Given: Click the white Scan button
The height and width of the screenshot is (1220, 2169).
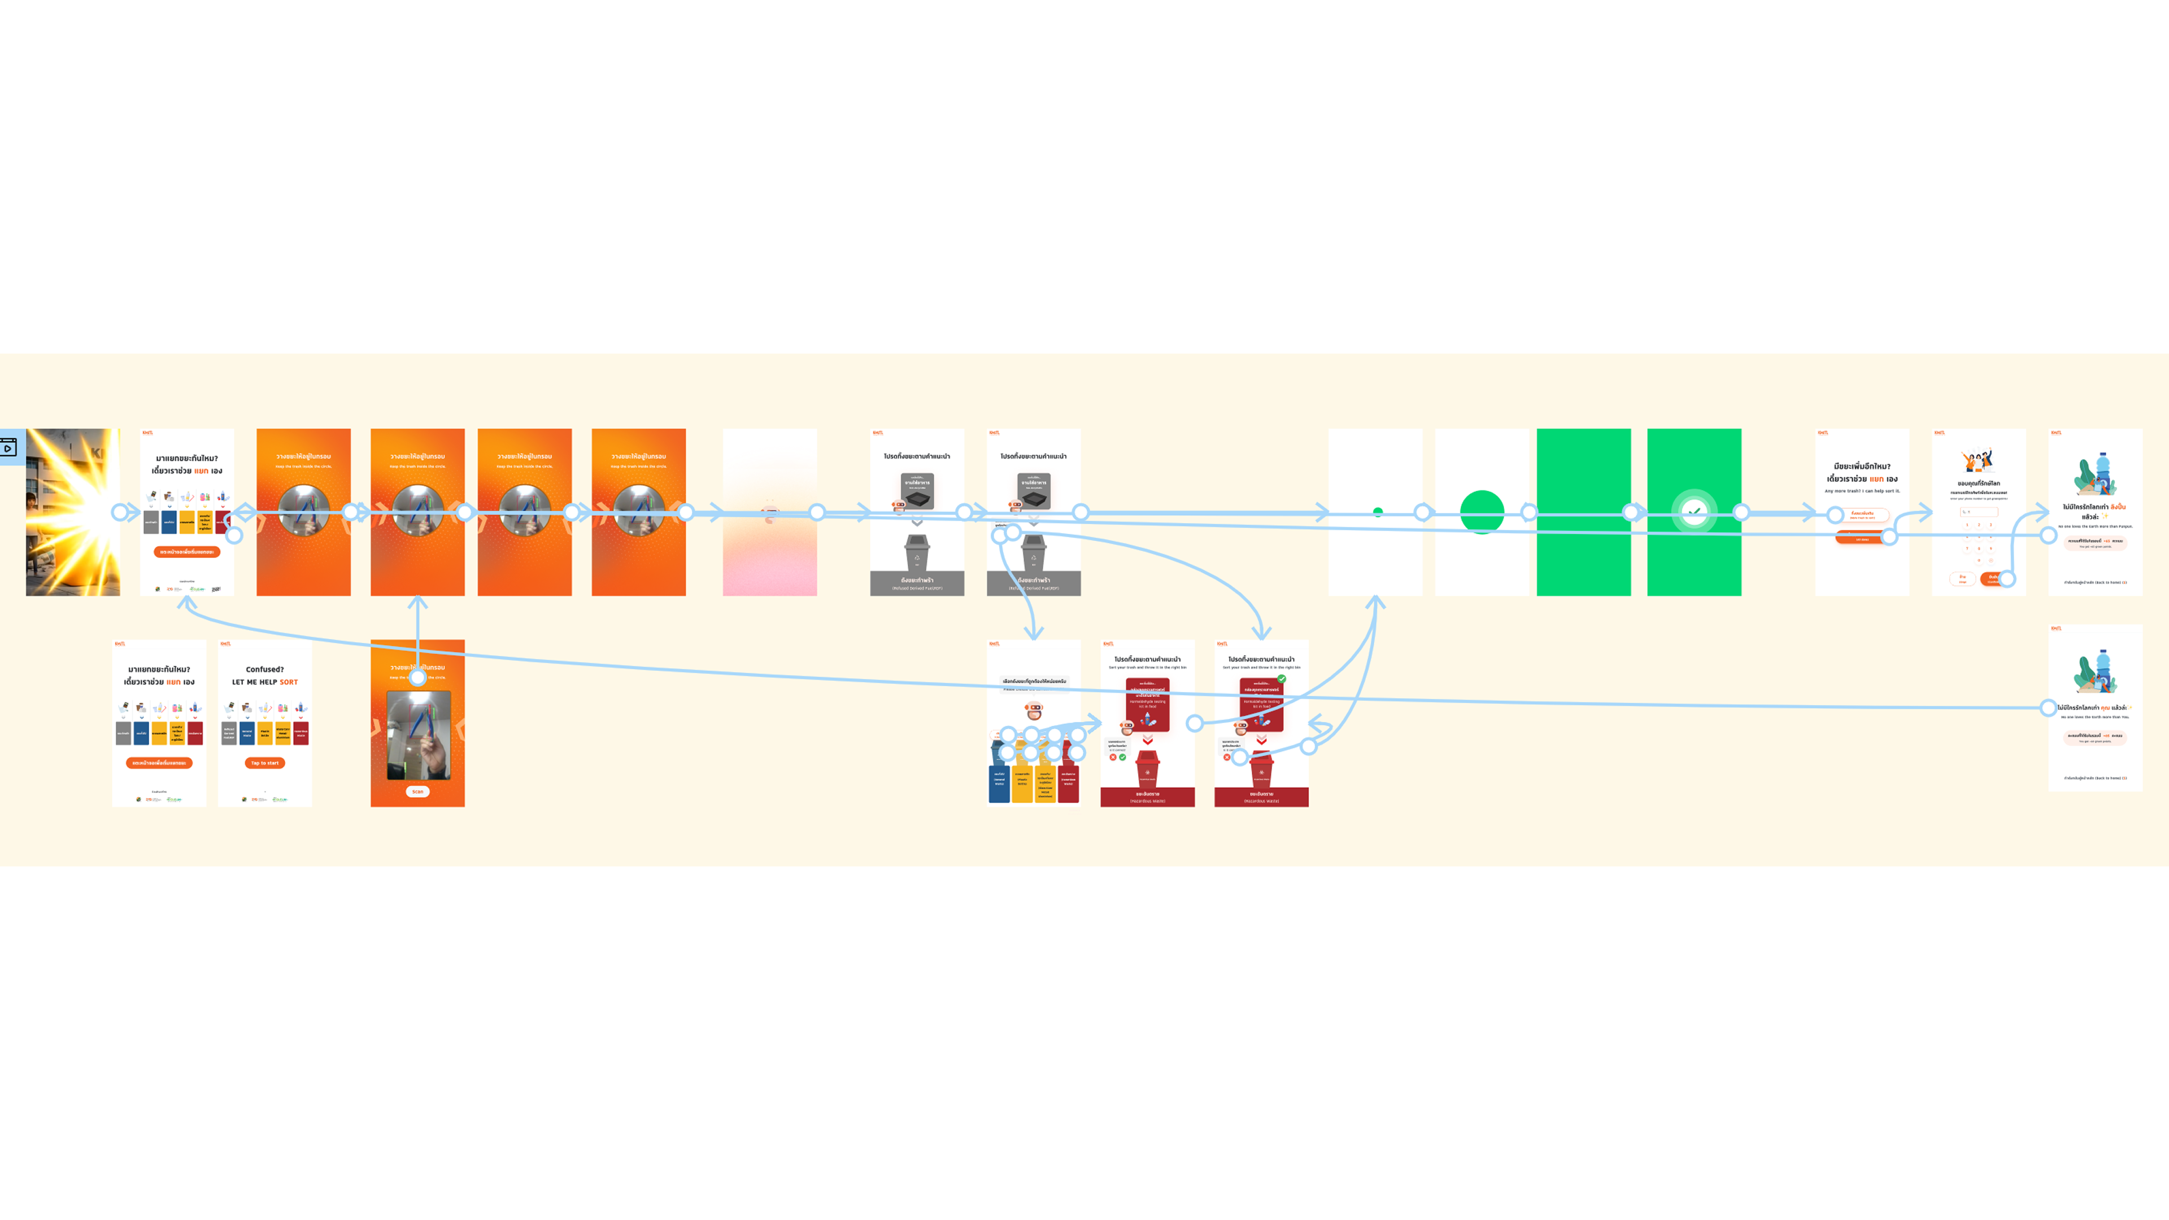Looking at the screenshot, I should (417, 791).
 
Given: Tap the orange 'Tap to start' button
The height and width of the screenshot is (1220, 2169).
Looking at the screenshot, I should (264, 763).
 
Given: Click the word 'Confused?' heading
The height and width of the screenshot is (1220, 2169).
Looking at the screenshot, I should (264, 669).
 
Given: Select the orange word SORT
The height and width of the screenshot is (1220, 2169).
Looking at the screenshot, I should (289, 682).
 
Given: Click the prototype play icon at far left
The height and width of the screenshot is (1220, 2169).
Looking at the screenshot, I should (8, 447).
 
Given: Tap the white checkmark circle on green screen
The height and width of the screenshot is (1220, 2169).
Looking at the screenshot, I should (1693, 511).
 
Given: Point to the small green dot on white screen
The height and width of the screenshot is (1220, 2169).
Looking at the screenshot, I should (1378, 511).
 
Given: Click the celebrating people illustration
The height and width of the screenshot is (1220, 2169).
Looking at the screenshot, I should (1978, 460).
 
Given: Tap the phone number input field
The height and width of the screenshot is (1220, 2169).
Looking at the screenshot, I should (1978, 512).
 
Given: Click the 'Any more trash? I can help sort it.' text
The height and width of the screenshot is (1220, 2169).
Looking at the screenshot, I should (1862, 491).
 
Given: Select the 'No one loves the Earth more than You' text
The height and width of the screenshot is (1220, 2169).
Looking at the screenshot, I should (2095, 717).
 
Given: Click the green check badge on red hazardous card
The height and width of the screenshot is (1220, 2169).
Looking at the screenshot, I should (1282, 678).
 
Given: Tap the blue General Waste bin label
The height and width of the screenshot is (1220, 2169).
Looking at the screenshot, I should (999, 779).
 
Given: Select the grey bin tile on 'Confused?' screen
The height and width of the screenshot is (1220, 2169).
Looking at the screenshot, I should (229, 733).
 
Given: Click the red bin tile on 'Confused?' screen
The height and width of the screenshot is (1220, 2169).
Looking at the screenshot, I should (300, 733).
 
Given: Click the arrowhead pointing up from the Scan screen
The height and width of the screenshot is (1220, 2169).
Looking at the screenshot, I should (417, 603).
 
